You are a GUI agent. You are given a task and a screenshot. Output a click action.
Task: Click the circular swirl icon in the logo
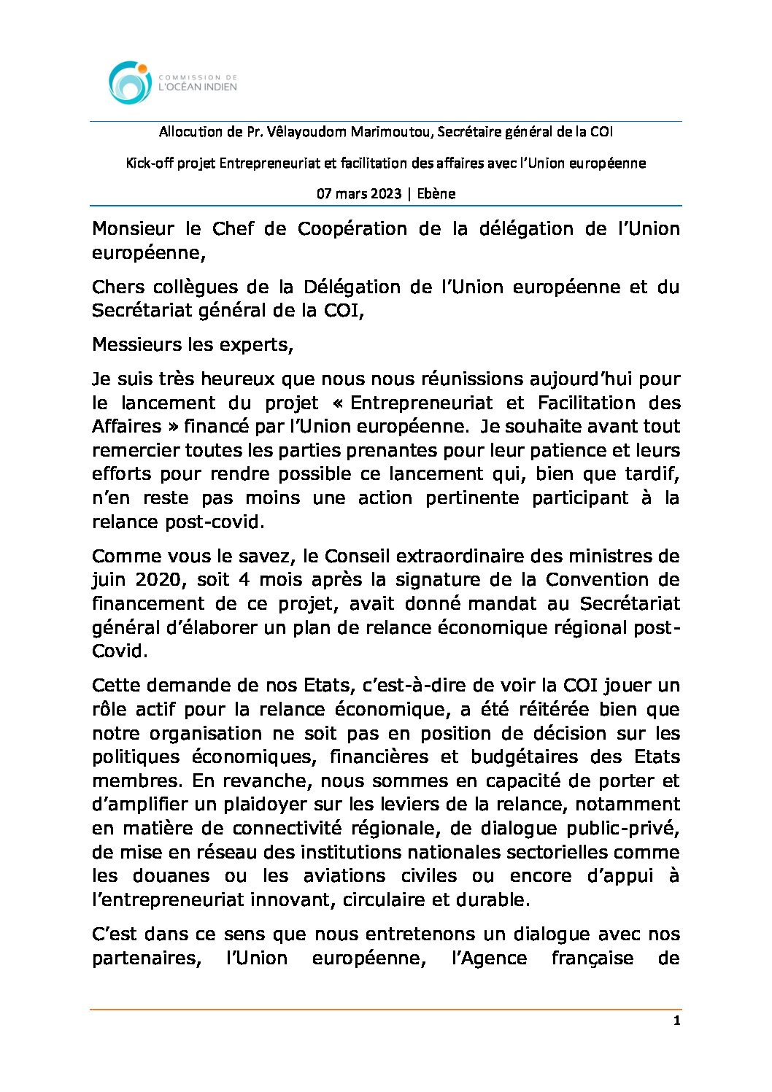(x=130, y=82)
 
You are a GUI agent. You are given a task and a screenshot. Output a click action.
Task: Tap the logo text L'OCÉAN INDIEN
(x=198, y=87)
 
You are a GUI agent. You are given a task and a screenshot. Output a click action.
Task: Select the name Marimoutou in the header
(x=392, y=132)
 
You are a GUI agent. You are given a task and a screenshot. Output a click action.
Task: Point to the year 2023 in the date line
(x=385, y=194)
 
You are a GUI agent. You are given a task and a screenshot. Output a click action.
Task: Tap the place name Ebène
(x=436, y=194)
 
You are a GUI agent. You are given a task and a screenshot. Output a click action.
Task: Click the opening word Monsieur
(x=133, y=229)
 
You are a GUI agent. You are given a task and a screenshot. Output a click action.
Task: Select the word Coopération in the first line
(x=352, y=229)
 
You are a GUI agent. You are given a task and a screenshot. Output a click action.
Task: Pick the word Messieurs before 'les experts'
(x=137, y=344)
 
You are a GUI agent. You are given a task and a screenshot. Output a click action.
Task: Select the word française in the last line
(x=592, y=959)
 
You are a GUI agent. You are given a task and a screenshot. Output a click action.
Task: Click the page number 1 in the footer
(x=676, y=1021)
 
